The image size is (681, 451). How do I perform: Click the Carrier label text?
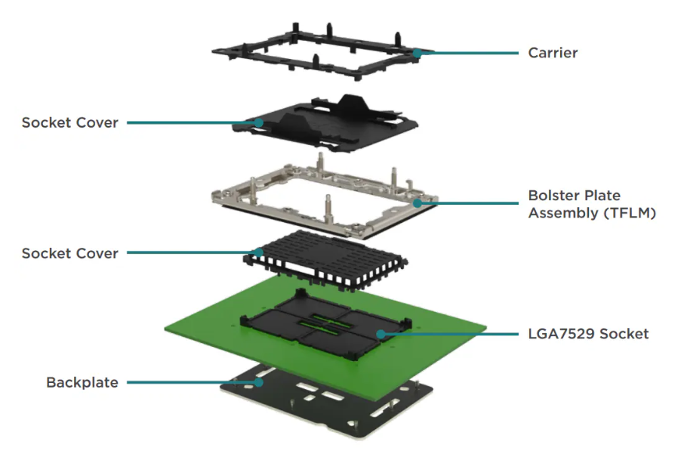553,53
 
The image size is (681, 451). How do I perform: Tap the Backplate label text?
82,382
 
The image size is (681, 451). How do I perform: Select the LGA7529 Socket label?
588,333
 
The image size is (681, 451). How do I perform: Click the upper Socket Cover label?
70,122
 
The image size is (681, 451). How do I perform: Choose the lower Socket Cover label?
70,253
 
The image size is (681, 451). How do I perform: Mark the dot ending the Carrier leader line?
418,53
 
